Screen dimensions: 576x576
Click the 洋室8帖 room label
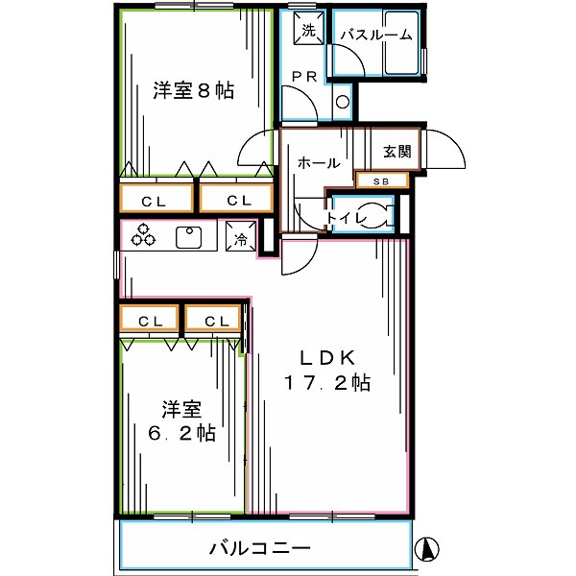point(193,91)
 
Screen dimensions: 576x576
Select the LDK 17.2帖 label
point(327,370)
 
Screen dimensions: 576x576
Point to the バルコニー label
point(259,549)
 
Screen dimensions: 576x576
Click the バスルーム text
point(376,36)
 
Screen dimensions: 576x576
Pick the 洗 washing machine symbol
point(308,30)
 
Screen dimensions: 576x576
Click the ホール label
point(318,163)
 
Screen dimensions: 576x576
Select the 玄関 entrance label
point(396,151)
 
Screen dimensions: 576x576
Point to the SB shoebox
point(382,180)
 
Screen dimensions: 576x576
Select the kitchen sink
point(189,236)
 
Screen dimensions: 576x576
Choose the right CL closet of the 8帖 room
point(233,200)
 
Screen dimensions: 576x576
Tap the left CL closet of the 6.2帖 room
point(149,320)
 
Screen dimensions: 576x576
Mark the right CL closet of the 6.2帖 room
point(214,320)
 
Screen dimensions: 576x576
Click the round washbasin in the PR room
point(343,102)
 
